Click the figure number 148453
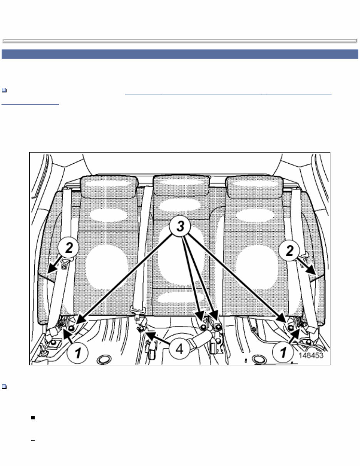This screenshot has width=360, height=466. [x=311, y=355]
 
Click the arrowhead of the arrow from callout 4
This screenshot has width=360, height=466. [x=145, y=332]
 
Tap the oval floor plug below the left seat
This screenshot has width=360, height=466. [x=102, y=360]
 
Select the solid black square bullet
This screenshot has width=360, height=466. [x=33, y=417]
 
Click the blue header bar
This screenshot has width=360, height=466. [x=180, y=54]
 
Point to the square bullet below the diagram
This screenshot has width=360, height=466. [x=4, y=386]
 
